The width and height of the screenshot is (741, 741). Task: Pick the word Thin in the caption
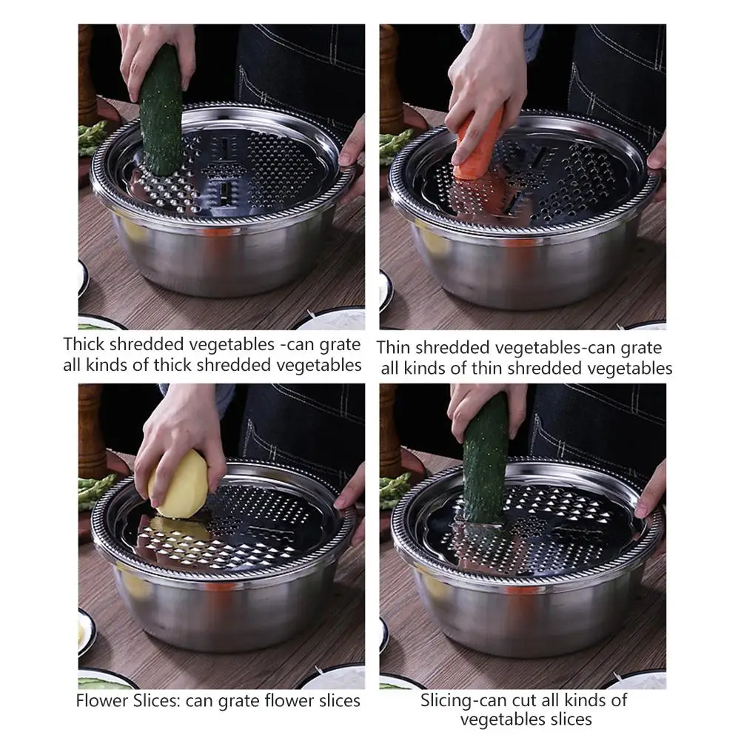pos(395,347)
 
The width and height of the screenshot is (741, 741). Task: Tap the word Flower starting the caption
pos(98,700)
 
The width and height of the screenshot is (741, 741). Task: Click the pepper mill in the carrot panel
pos(391,81)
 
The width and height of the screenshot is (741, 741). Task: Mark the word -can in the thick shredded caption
pos(303,344)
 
